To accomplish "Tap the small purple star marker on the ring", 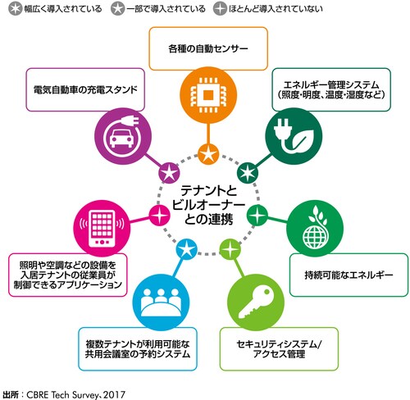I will coord(169,173).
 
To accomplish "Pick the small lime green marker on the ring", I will coord(229,243).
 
